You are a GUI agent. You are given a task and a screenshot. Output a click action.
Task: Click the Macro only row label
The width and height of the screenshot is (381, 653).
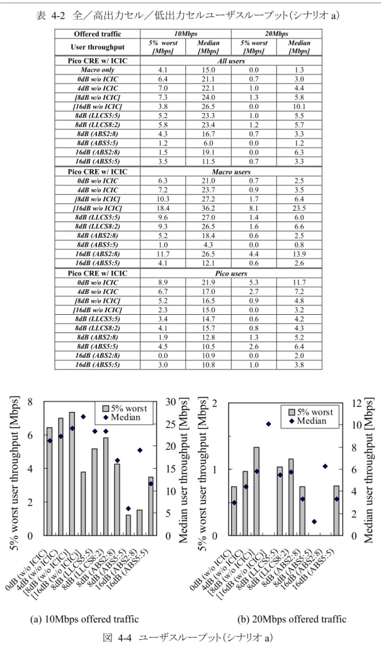pyautogui.click(x=98, y=70)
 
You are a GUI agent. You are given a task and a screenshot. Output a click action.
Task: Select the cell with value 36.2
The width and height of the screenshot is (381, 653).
pyautogui.click(x=208, y=208)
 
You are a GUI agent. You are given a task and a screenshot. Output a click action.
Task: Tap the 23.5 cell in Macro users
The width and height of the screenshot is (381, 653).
pyautogui.click(x=299, y=208)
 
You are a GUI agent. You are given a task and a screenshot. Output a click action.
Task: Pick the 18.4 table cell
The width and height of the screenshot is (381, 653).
pyautogui.click(x=163, y=208)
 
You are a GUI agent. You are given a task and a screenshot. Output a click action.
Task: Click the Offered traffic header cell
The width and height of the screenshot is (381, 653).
pyautogui.click(x=98, y=33)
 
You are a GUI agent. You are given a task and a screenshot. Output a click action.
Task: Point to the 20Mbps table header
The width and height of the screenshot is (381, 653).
pyautogui.click(x=276, y=33)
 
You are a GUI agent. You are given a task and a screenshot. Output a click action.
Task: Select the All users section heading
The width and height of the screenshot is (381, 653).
pyautogui.click(x=231, y=61)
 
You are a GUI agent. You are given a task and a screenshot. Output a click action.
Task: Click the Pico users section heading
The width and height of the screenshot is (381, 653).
pyautogui.click(x=231, y=273)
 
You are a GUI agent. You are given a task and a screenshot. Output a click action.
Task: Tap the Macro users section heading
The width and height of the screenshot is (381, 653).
pyautogui.click(x=231, y=172)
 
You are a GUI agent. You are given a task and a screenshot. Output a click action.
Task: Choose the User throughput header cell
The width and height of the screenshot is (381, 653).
pyautogui.click(x=98, y=47)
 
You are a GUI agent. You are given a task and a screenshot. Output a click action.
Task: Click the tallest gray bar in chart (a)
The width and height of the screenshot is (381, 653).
pyautogui.click(x=72, y=474)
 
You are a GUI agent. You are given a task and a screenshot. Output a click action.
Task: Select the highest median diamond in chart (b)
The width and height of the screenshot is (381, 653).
pyautogui.click(x=268, y=424)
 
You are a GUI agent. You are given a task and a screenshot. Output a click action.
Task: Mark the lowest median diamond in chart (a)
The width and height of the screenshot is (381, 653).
pyautogui.click(x=128, y=509)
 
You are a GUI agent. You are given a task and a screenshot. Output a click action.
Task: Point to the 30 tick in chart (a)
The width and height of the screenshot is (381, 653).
pyautogui.click(x=171, y=402)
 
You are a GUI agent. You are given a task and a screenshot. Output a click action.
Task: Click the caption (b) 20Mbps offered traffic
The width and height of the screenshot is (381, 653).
pyautogui.click(x=292, y=620)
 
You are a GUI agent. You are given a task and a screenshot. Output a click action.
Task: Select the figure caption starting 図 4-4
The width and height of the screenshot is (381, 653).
pyautogui.click(x=188, y=638)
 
